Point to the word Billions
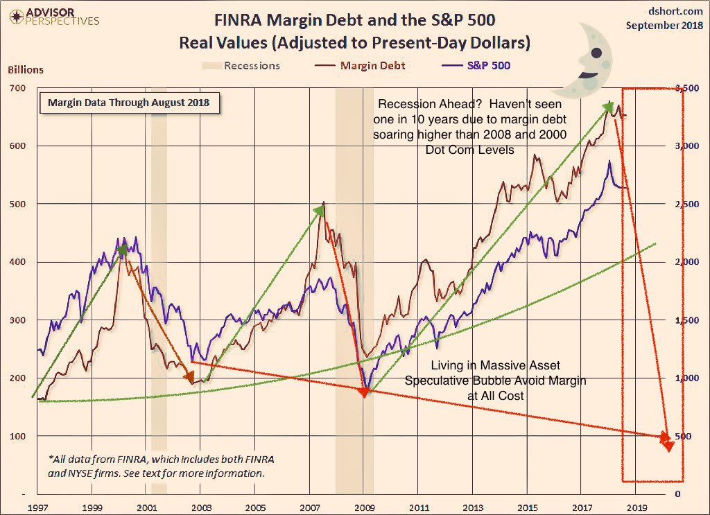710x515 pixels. (26, 69)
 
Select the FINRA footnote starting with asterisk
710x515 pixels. (156, 466)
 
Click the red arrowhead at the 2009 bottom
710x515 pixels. (364, 392)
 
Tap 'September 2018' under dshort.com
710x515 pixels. (664, 25)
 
